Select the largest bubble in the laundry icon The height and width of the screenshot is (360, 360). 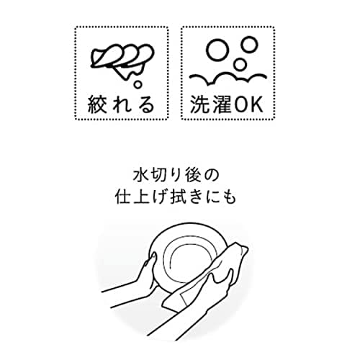click(217, 53)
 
